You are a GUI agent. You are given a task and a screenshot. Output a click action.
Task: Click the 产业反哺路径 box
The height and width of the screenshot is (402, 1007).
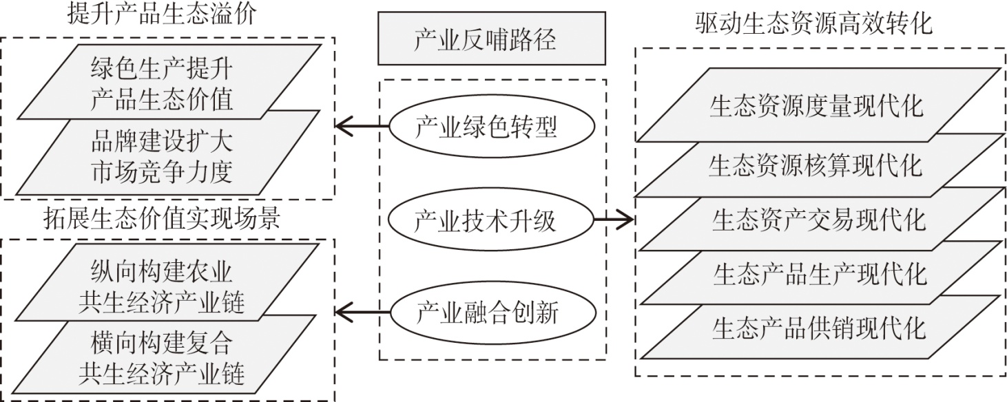491,40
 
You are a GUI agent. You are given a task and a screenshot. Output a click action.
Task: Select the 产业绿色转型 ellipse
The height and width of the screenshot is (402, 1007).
491,127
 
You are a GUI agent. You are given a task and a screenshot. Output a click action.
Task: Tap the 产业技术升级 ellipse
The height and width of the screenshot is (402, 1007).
491,221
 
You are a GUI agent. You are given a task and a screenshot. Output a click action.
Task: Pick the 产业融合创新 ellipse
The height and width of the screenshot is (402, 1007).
491,314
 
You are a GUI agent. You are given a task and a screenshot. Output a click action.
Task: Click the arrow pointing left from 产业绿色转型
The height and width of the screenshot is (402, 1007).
362,127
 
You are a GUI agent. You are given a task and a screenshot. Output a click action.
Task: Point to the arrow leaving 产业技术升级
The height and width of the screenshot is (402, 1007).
614,221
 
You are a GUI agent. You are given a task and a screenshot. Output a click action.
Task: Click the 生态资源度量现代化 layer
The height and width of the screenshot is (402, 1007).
816,107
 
